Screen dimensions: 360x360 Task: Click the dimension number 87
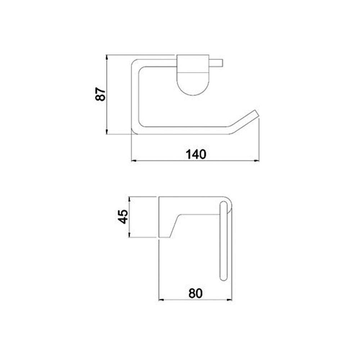pyautogui.click(x=100, y=94)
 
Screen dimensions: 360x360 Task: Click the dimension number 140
pyautogui.click(x=196, y=154)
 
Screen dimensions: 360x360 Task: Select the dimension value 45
pyautogui.click(x=123, y=216)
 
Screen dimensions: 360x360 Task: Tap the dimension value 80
pyautogui.click(x=195, y=293)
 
